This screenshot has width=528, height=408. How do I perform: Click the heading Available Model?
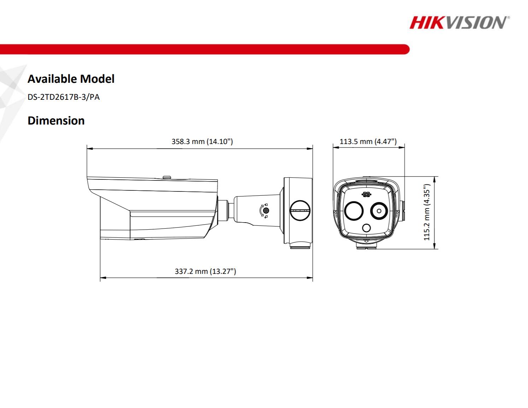click(71, 79)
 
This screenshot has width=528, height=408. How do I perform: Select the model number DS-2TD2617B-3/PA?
click(64, 97)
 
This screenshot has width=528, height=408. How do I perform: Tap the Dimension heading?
click(56, 120)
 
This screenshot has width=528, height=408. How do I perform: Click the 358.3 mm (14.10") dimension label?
click(202, 142)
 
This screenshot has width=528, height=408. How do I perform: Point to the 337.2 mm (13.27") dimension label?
click(205, 271)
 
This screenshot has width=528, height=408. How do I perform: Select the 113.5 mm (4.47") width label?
click(368, 142)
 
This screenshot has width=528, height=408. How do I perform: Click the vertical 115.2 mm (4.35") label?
click(427, 212)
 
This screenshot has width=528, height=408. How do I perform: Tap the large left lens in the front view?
click(354, 211)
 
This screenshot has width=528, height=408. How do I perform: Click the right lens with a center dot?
click(379, 211)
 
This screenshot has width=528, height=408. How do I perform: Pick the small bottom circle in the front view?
click(366, 228)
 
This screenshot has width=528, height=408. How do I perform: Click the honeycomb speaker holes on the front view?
click(366, 195)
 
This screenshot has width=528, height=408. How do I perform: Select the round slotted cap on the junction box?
click(300, 210)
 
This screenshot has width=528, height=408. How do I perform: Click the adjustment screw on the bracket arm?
click(266, 211)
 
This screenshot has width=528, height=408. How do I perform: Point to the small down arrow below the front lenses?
click(366, 241)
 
